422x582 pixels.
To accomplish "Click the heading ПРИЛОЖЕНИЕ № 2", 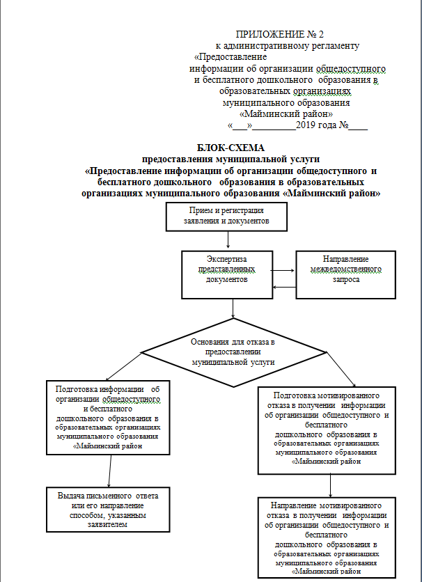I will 279,34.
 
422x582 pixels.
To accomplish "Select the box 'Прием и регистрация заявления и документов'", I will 226,216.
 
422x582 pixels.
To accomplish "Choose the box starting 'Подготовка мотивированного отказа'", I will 327,428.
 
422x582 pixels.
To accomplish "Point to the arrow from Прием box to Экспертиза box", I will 228,241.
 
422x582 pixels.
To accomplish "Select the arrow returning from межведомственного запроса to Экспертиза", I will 283,286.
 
